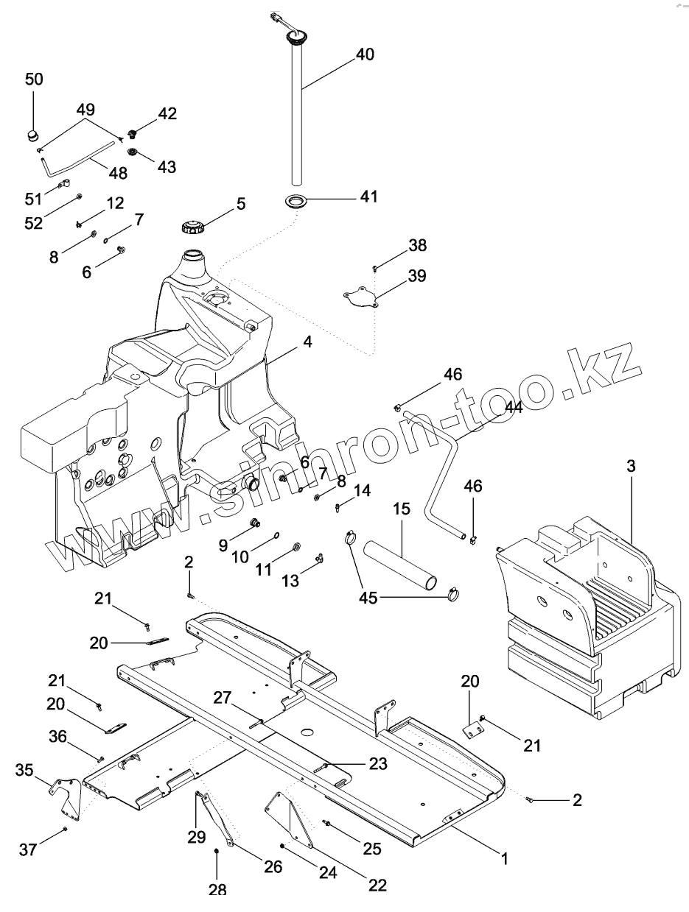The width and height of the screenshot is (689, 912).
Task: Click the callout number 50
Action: [35, 79]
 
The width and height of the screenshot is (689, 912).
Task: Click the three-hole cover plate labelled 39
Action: [360, 297]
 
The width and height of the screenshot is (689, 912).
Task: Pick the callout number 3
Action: [631, 466]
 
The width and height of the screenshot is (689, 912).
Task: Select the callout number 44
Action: [513, 407]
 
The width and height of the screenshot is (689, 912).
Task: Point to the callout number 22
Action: [377, 886]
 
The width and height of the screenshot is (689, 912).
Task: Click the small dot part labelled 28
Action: [217, 852]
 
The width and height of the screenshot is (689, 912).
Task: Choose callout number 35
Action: [25, 771]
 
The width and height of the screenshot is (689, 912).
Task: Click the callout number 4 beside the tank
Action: [307, 342]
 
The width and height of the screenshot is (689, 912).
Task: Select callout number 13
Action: [291, 581]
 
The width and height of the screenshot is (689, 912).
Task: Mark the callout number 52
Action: [34, 223]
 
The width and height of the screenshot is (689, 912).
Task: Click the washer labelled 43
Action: [133, 152]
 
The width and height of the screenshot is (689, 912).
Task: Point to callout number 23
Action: [378, 764]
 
